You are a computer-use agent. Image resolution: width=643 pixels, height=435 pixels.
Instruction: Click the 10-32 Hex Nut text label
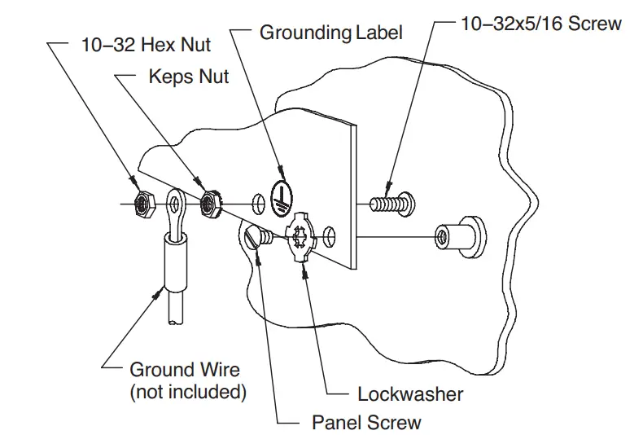(x=146, y=45)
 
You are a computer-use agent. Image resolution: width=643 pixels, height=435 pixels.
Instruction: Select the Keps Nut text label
(x=189, y=77)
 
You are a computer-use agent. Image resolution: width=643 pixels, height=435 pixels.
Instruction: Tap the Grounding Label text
(x=330, y=33)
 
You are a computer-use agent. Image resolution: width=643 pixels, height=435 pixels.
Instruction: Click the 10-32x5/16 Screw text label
(x=540, y=24)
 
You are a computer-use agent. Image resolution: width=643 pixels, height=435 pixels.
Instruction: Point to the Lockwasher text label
(x=410, y=394)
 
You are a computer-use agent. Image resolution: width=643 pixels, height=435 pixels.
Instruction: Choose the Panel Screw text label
(x=366, y=422)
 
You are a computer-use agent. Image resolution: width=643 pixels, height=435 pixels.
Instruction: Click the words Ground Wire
(x=185, y=371)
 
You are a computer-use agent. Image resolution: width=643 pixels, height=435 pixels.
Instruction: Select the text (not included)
(x=188, y=392)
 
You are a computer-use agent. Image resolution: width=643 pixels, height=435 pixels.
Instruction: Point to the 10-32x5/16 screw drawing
(x=391, y=200)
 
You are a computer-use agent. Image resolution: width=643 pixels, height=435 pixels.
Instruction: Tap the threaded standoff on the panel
(x=460, y=236)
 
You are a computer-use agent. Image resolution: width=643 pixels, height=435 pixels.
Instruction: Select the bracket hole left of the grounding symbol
(x=258, y=201)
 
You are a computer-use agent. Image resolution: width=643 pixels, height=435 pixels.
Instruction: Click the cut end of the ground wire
(x=177, y=322)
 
